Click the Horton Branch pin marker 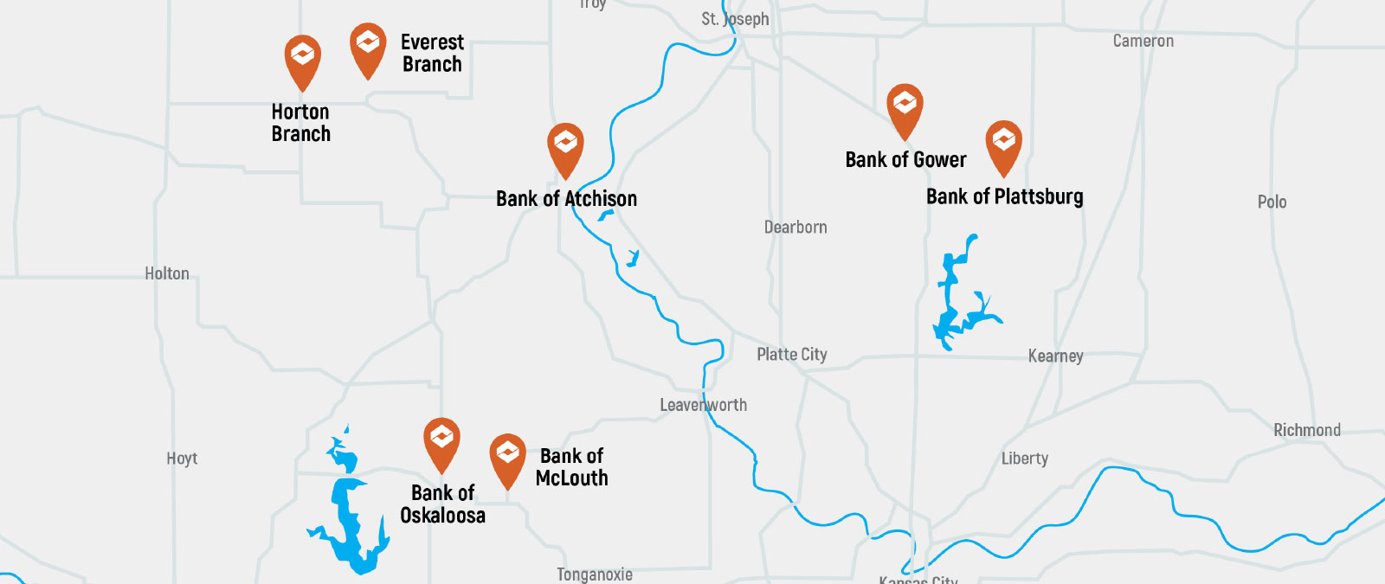coord(302,58)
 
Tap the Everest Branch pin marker coord(368,47)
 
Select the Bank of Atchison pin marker coord(565,146)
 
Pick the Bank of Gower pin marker coord(905,107)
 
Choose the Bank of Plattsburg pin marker coord(1003,144)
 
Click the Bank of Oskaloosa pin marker coord(441,441)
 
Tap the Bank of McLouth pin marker coord(507,457)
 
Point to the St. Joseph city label coord(735,19)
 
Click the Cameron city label coord(1143,41)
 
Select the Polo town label coord(1272,202)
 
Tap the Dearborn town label coord(796,228)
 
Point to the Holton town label coord(167,273)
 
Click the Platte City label coord(791,354)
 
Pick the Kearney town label coord(1055,356)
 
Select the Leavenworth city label coord(703,405)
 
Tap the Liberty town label coord(1024,459)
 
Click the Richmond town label coord(1306,430)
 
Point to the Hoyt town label coord(182,459)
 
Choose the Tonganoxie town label coord(594,574)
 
